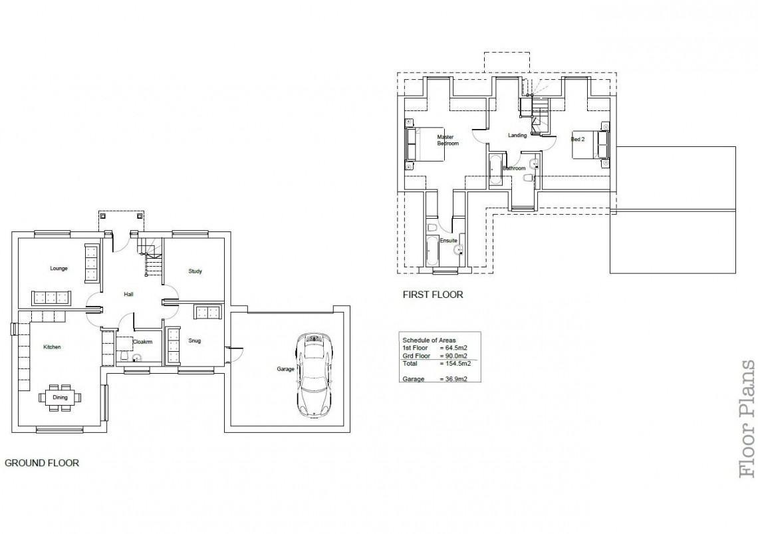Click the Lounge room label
click(x=59, y=269)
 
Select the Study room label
click(x=195, y=271)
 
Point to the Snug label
click(x=194, y=341)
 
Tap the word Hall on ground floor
click(x=129, y=294)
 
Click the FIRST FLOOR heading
click(x=433, y=294)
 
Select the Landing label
click(x=517, y=136)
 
